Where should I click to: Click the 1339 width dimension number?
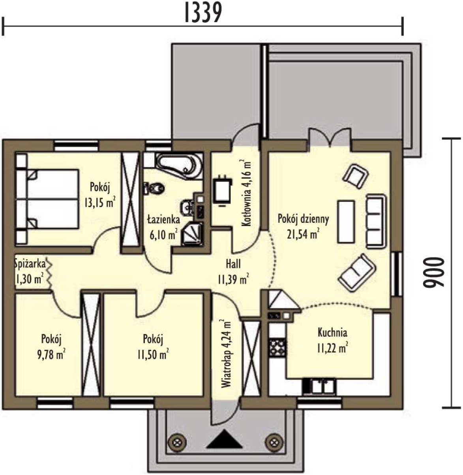pyautogui.click(x=203, y=13)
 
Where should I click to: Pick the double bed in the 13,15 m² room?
pyautogui.click(x=47, y=199)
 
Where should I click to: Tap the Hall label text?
pyautogui.click(x=233, y=264)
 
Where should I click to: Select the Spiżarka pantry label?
pyautogui.click(x=30, y=264)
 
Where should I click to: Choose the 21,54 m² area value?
pyautogui.click(x=303, y=234)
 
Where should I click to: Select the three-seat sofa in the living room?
pyautogui.click(x=376, y=221)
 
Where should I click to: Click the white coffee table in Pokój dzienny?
pyautogui.click(x=346, y=222)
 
